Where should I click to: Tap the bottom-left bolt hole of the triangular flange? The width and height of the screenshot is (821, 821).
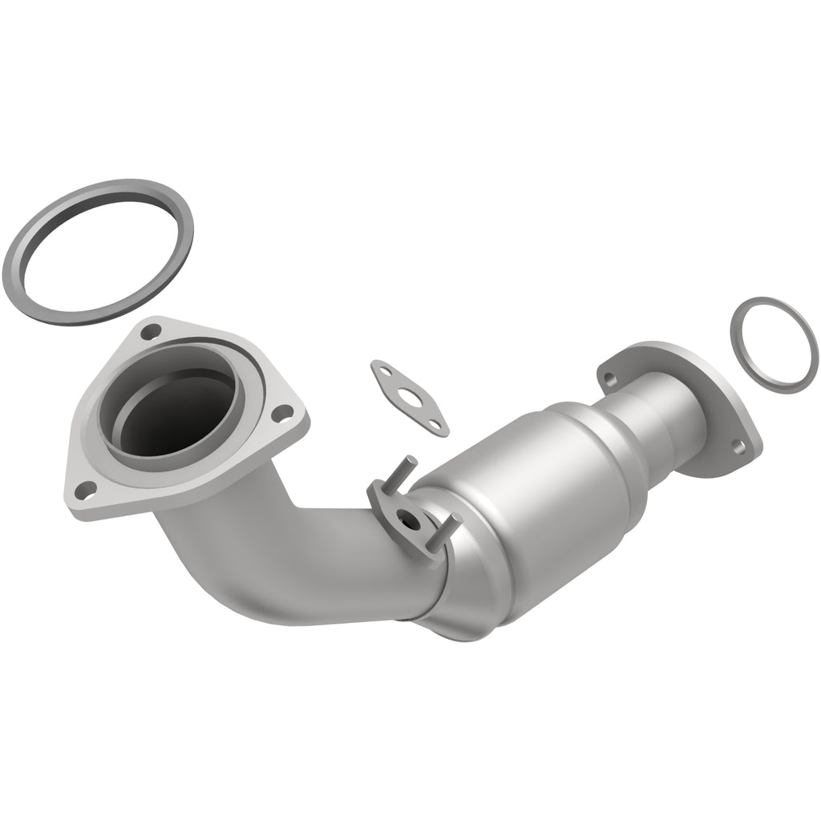(83, 489)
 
